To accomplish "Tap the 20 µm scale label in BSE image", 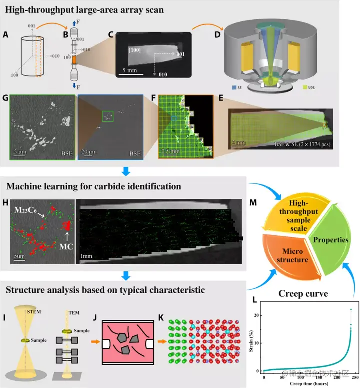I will click(x=90, y=150).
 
